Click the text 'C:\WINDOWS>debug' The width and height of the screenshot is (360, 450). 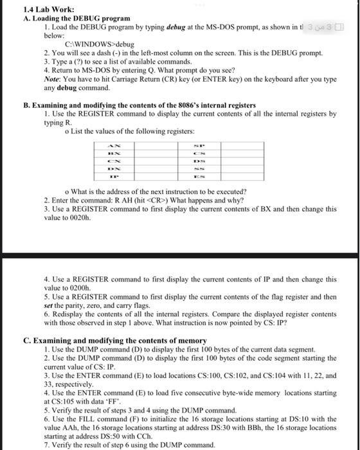(x=98, y=45)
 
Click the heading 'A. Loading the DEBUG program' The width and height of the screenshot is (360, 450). (x=67, y=19)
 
